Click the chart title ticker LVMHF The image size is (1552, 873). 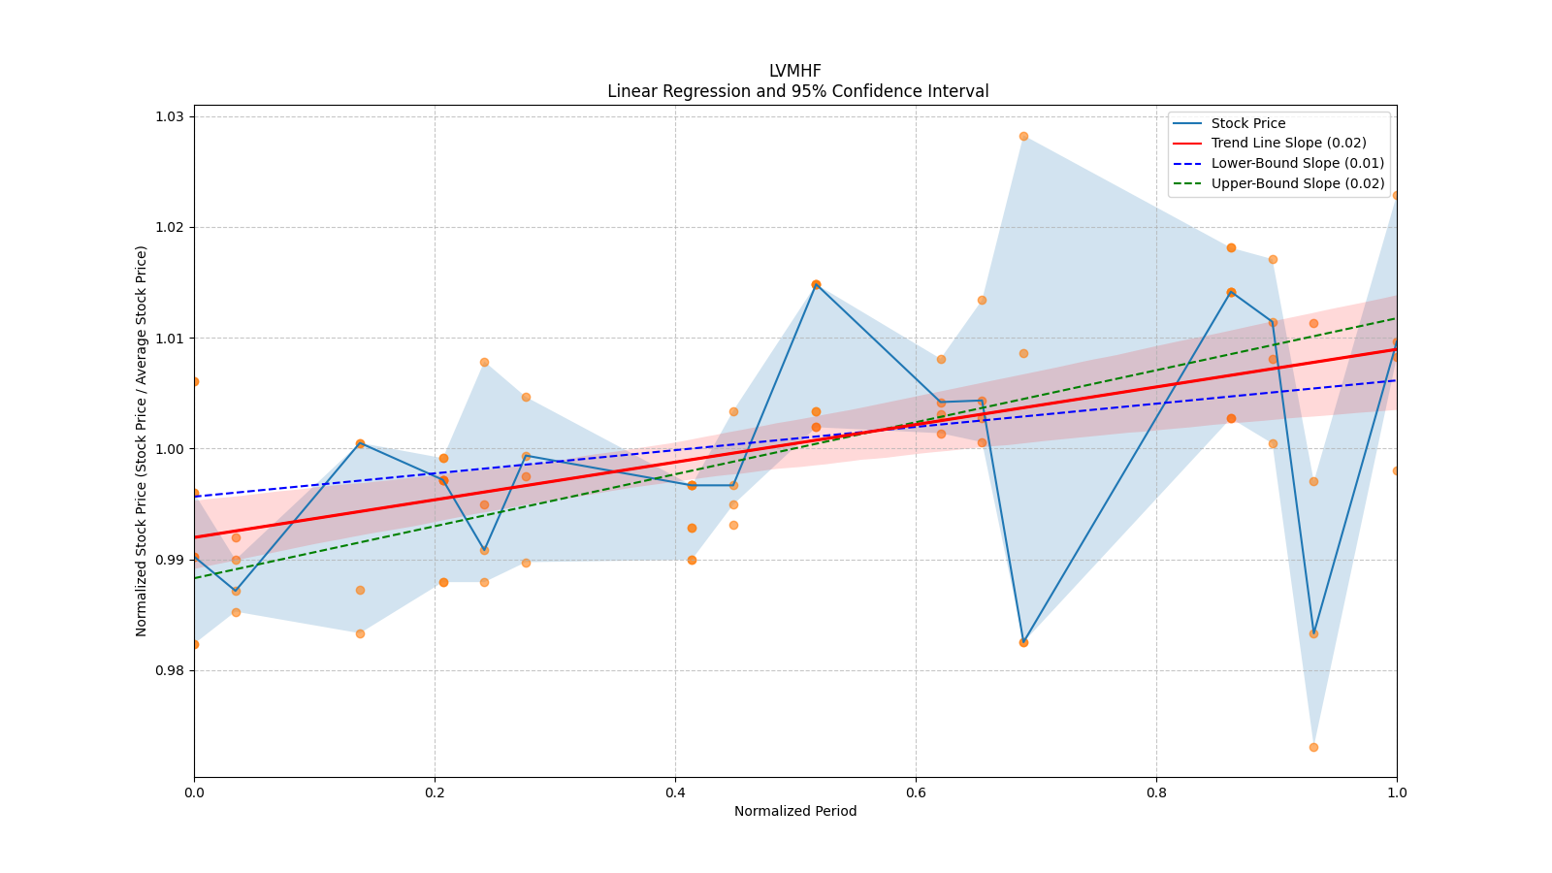pos(794,71)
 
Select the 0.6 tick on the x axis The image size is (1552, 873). pos(916,792)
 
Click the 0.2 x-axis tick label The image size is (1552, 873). pos(435,792)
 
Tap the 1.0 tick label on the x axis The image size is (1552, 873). pos(1396,792)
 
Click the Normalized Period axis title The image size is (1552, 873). pos(794,811)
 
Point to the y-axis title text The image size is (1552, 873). pos(142,440)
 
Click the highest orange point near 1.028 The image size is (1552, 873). pos(1023,136)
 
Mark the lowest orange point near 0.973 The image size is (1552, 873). pos(1313,747)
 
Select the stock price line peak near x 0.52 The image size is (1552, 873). pos(816,284)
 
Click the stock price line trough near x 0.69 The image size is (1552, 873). pos(1023,642)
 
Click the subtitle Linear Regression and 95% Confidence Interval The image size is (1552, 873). pos(797,91)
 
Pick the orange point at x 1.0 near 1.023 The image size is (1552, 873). pos(1396,195)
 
